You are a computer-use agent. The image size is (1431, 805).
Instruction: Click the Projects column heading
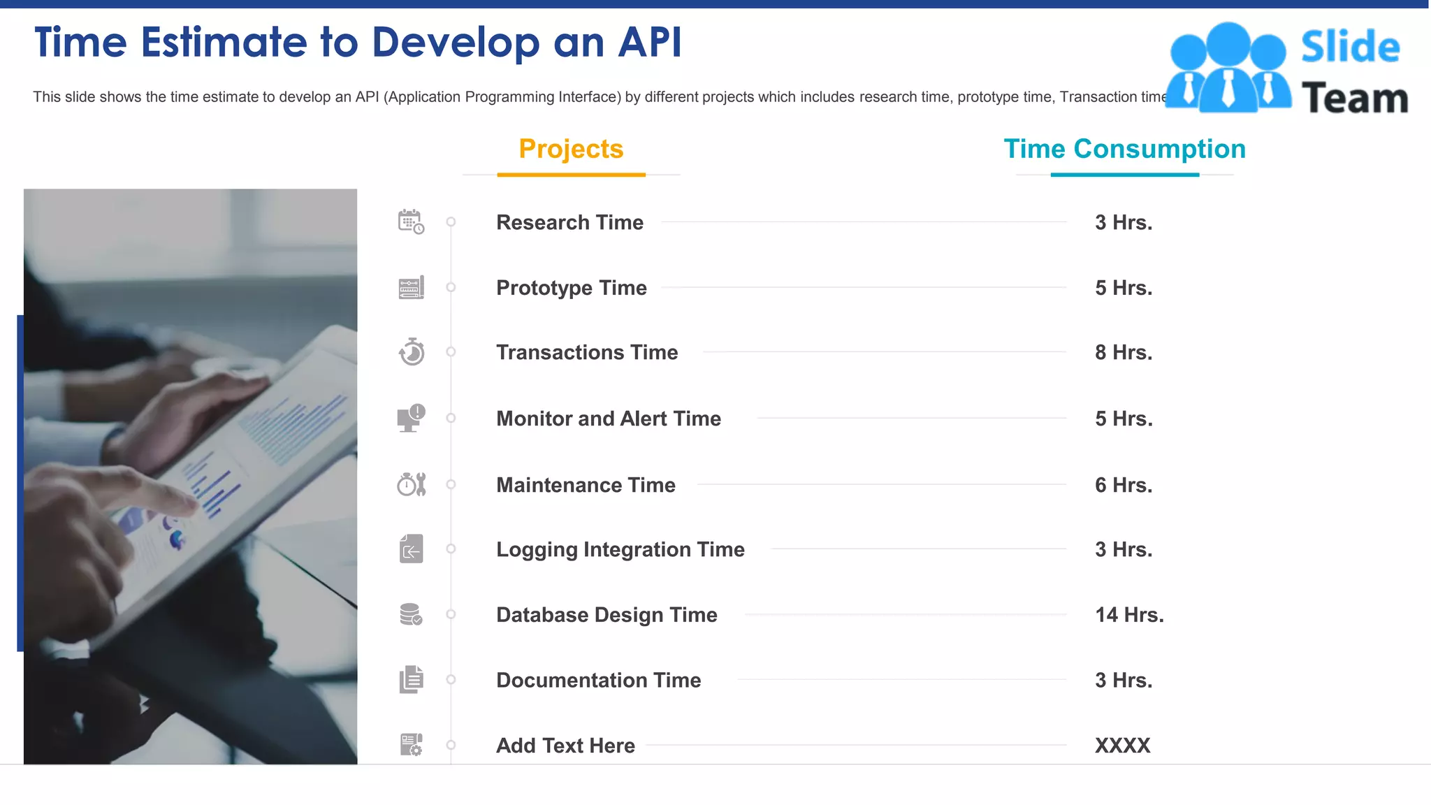pos(571,149)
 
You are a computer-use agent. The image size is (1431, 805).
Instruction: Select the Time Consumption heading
pos(1124,149)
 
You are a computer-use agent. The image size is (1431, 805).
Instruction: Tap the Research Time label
pos(569,222)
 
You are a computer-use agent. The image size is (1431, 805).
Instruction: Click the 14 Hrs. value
pos(1129,615)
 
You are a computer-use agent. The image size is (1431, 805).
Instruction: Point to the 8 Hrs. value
pos(1124,352)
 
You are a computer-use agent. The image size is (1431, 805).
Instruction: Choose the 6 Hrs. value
pos(1124,485)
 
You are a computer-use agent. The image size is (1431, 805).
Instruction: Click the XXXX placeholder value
pos(1122,746)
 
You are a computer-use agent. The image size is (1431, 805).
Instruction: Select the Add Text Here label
pos(565,746)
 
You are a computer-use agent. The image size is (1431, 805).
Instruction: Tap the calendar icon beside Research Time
pos(411,222)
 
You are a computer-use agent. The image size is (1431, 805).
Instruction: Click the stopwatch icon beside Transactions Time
pos(412,352)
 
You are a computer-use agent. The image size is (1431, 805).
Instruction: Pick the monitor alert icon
pos(411,418)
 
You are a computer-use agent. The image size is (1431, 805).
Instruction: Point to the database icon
pos(411,615)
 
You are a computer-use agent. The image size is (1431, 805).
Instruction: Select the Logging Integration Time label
pos(620,549)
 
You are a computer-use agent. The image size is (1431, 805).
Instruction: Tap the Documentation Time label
pos(598,680)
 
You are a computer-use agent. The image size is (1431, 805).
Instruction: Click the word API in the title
pos(650,42)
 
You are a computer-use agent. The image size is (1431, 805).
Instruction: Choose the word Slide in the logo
pos(1350,47)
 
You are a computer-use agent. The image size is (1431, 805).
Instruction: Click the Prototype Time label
pos(572,288)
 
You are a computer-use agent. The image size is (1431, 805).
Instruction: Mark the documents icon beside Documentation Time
pos(412,679)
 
